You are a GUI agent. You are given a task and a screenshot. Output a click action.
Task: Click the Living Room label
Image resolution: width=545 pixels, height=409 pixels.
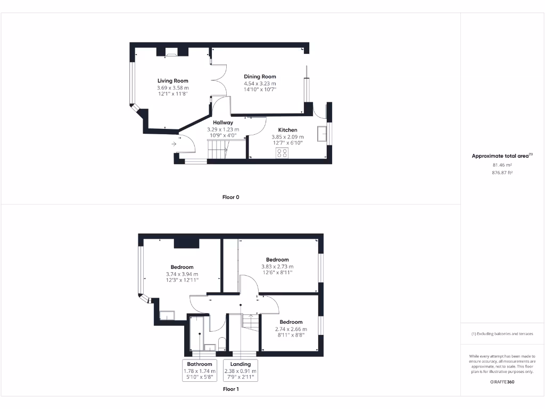click(x=172, y=81)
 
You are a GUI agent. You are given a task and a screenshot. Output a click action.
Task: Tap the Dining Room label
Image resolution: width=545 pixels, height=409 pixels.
click(x=260, y=77)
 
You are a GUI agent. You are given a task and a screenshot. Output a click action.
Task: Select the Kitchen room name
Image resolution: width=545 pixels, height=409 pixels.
click(x=287, y=130)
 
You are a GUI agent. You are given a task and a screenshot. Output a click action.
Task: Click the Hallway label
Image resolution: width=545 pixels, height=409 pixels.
click(x=223, y=122)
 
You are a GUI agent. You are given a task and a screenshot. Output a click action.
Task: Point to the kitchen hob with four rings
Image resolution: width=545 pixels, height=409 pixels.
click(x=282, y=153)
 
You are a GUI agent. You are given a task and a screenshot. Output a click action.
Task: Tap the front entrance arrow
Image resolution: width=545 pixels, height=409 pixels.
click(x=174, y=144)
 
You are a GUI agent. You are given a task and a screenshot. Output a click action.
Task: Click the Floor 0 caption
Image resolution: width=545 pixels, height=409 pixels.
click(x=230, y=197)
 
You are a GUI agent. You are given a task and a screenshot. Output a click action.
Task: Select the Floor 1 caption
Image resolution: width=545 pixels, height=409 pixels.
click(x=230, y=389)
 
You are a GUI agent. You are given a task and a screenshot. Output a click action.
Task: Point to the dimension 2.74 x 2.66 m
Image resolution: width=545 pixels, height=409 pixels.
click(x=291, y=329)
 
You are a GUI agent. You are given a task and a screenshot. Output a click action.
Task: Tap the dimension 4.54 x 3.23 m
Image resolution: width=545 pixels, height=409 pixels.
click(x=260, y=84)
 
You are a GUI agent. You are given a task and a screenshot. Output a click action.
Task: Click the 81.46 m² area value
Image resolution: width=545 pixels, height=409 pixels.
click(x=502, y=165)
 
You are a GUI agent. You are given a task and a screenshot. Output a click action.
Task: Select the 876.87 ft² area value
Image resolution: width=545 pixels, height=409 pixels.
click(x=502, y=173)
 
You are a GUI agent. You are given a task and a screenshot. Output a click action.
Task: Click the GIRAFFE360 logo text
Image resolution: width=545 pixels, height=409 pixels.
click(x=502, y=382)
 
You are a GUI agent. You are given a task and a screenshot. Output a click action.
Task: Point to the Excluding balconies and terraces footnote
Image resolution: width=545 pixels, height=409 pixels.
click(x=502, y=334)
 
